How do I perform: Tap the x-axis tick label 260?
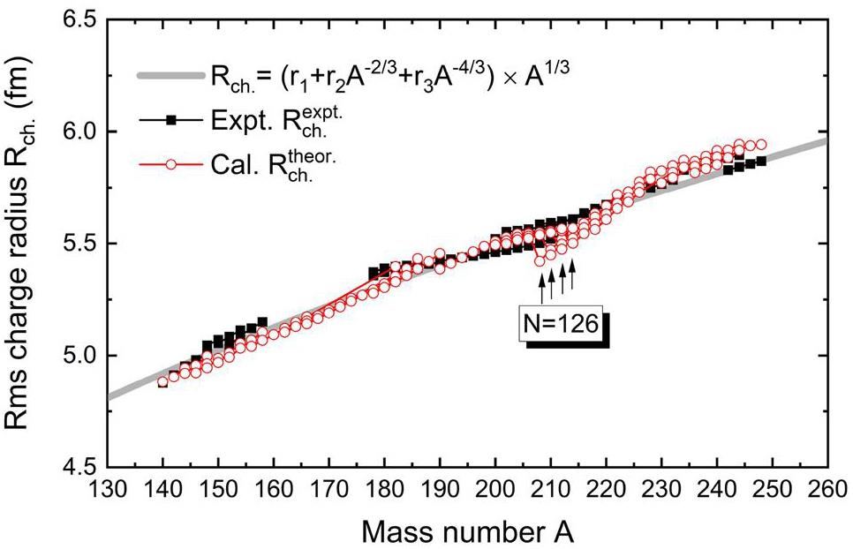(x=827, y=486)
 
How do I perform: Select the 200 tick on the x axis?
(x=494, y=486)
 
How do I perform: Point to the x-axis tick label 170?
(x=328, y=486)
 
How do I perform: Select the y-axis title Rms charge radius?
(x=26, y=243)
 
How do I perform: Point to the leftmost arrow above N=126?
(x=542, y=287)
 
